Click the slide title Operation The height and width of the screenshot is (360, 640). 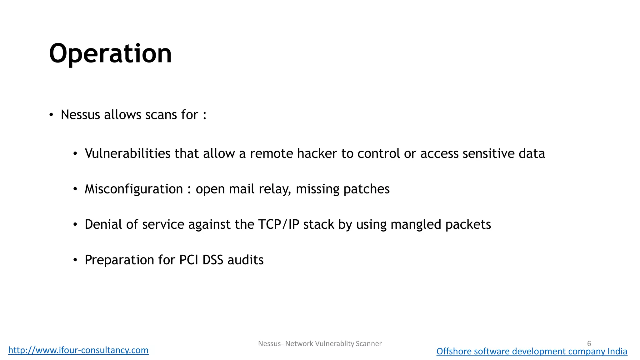pos(110,54)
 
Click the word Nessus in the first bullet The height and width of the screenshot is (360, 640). pos(80,115)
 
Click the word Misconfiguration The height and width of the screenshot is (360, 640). pos(134,189)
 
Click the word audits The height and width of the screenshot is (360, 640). pos(245,260)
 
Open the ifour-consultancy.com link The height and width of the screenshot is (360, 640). pos(78,350)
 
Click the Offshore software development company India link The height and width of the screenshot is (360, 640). pos(532,351)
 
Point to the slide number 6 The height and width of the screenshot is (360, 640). pos(589,343)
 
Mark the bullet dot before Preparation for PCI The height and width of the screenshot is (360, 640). pos(75,260)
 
